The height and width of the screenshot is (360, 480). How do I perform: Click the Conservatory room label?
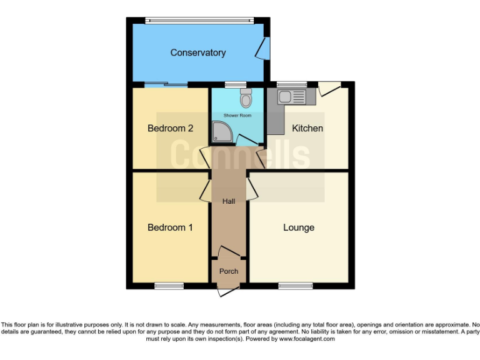point(197,53)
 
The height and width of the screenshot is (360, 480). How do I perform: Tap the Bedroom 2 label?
point(170,128)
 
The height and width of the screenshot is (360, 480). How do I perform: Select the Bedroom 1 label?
point(170,227)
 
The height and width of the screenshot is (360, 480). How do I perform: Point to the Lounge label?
point(299,227)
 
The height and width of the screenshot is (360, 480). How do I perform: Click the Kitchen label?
point(307,128)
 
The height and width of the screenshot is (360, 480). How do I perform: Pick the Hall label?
point(229,201)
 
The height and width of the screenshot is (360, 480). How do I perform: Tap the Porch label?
point(229,271)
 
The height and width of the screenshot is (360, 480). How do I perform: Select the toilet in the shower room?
point(246,98)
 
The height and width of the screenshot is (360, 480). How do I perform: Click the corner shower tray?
point(221,131)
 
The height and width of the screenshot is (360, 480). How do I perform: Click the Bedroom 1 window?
point(169,286)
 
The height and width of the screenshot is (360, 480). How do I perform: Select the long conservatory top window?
point(199,20)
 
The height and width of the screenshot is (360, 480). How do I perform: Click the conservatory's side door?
point(264,48)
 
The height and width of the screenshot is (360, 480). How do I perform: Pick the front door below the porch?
point(227,290)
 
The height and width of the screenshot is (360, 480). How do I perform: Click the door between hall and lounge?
point(252,188)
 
